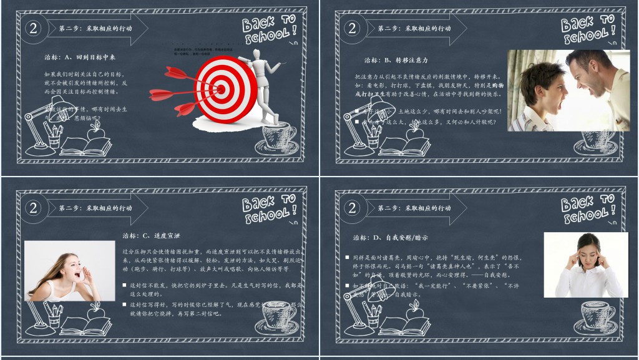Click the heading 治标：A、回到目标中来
79,57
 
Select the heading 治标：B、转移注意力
396,60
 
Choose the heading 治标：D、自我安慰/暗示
391,238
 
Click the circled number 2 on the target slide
34,27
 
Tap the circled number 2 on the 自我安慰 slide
353,208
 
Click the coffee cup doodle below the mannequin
276,140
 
